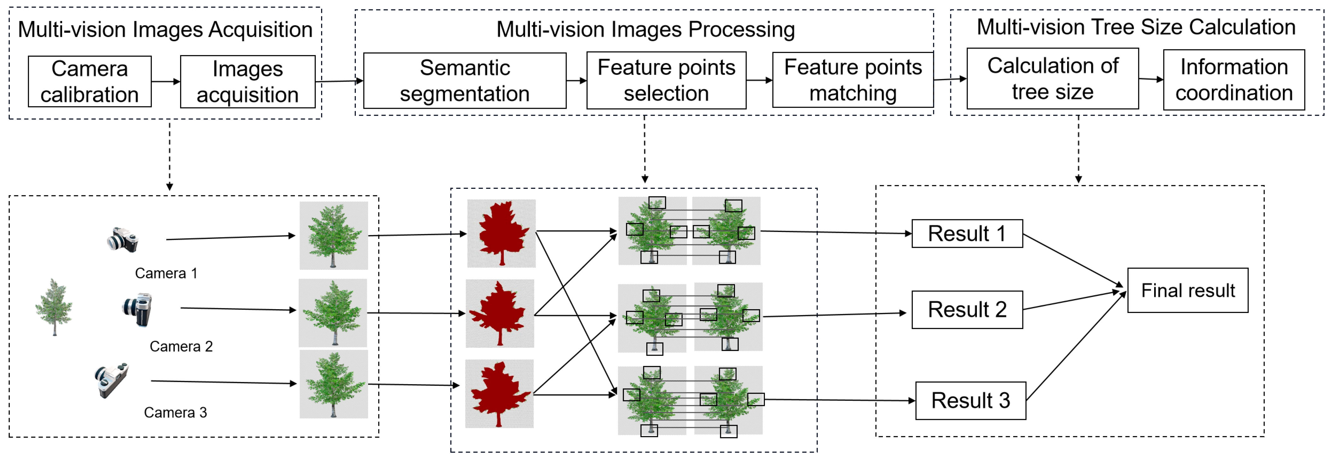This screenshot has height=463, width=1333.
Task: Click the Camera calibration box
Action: [x=90, y=82]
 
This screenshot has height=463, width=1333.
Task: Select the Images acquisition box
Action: [x=247, y=82]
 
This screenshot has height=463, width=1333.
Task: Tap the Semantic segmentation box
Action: [x=464, y=81]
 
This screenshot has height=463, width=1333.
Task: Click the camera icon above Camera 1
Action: [x=123, y=240]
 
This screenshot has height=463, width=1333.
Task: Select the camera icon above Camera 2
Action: [x=137, y=310]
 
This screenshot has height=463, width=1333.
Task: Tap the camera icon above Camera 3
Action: [x=111, y=380]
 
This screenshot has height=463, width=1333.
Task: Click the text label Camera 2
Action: [x=181, y=346]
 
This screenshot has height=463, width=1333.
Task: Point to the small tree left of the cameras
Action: [x=54, y=307]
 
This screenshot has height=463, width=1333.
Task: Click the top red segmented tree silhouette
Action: [x=501, y=233]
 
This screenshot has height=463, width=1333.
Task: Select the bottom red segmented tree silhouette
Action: [x=499, y=394]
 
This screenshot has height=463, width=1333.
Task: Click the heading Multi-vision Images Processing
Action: [x=645, y=30]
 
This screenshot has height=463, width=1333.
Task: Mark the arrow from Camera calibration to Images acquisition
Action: [x=166, y=82]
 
